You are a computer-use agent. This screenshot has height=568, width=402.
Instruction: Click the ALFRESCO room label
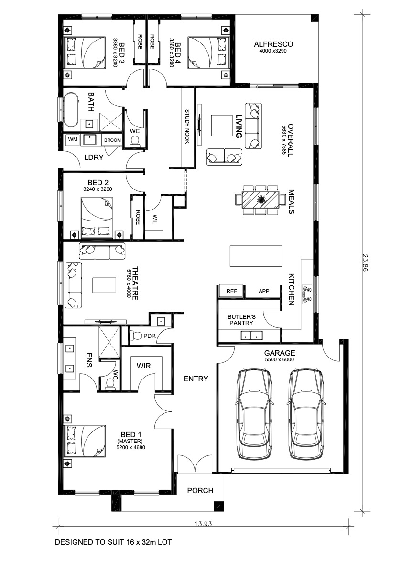pos(273,44)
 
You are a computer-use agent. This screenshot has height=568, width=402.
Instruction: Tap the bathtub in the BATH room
pos(71,110)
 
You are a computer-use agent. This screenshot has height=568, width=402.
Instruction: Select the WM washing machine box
pos(73,139)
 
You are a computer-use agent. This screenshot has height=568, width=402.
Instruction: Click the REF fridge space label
pos(231,291)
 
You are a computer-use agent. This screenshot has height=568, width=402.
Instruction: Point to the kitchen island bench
pos(256,256)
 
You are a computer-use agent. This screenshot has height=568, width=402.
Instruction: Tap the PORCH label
pos(200,491)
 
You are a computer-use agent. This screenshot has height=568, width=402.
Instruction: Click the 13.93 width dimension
pos(203,523)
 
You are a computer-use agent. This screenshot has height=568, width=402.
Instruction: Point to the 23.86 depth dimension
pos(364,262)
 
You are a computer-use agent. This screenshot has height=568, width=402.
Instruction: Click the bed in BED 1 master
pos(85,441)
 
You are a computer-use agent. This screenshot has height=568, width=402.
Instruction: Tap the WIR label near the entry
pos(144,366)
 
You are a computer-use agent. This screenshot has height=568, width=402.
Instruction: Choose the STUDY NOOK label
pos(187,126)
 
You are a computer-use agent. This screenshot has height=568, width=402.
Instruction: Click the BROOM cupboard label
pos(112,140)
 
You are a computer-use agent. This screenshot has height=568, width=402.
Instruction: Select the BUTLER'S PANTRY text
pos(242,319)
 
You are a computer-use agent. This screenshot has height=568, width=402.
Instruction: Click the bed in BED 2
pos(97,218)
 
